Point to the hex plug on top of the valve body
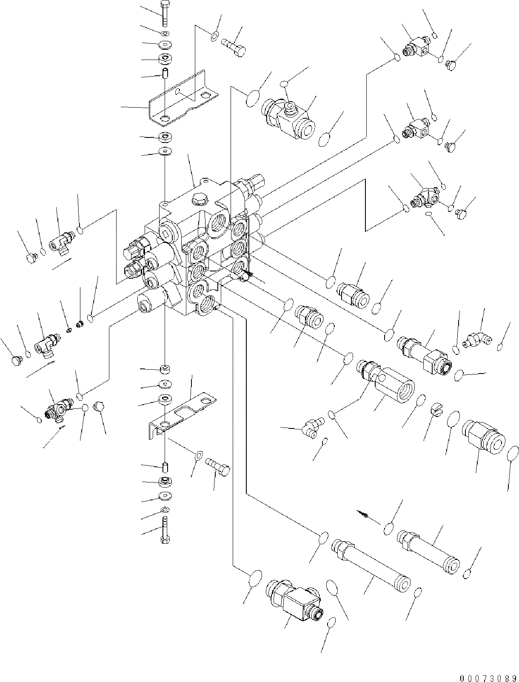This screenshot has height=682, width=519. [x=199, y=198]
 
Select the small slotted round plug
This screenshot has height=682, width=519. [x=438, y=410]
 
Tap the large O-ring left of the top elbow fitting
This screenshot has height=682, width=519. [x=252, y=99]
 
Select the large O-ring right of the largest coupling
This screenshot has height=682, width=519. [x=513, y=453]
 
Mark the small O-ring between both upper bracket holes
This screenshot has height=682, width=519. [x=178, y=91]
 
